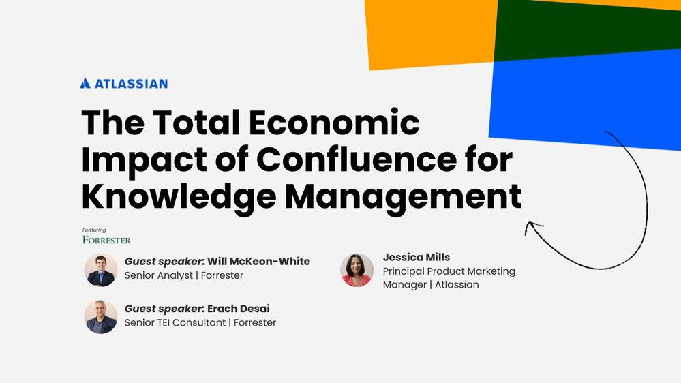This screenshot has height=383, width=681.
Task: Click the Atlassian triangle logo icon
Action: pos(85,83)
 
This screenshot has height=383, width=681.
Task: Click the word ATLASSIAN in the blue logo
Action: pos(131,84)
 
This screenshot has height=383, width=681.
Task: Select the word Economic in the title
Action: pos(333,123)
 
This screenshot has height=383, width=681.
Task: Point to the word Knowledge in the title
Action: pos(179,196)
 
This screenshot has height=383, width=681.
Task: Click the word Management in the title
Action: pos(403,196)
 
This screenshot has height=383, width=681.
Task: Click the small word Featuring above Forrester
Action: pos(94,230)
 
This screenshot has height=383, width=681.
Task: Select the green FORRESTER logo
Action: pos(106,240)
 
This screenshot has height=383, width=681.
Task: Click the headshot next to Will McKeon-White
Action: pos(101,270)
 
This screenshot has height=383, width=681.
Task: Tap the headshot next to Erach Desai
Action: pos(101,316)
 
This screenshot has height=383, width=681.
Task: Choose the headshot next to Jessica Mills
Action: pos(357,270)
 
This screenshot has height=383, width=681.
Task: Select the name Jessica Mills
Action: pos(417,258)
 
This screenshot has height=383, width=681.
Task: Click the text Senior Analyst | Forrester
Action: pos(183,275)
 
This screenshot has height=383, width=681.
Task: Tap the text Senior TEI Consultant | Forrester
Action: pos(200,322)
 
